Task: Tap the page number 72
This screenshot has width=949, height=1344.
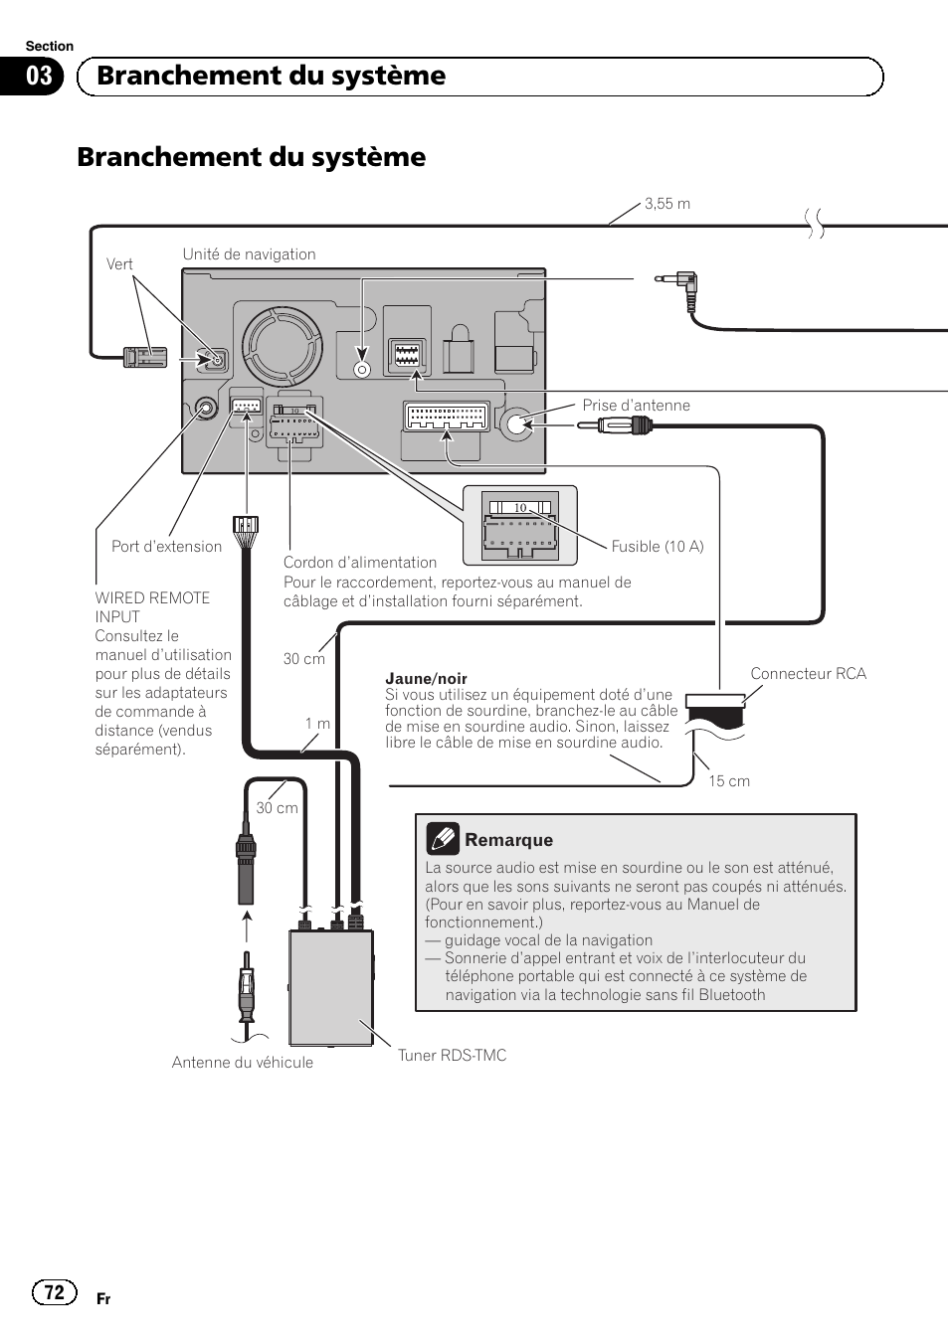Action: pyautogui.click(x=55, y=1291)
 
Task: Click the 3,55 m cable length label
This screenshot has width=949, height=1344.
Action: pyautogui.click(x=666, y=204)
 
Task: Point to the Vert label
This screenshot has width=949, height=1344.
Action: pyautogui.click(x=119, y=264)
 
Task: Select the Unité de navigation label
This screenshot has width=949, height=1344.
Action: pyautogui.click(x=249, y=254)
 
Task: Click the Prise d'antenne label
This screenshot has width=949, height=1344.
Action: pyautogui.click(x=636, y=406)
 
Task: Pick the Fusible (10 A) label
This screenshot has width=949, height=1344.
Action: pyautogui.click(x=657, y=547)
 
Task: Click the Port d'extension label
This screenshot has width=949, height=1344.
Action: pyautogui.click(x=166, y=547)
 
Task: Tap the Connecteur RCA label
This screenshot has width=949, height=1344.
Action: pyautogui.click(x=808, y=674)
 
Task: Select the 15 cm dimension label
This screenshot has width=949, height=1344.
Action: pyautogui.click(x=729, y=781)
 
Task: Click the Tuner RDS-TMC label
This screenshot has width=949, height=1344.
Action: pyautogui.click(x=452, y=1056)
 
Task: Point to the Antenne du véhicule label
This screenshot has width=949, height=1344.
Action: pyautogui.click(x=242, y=1063)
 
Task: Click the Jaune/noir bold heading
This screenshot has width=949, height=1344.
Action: pyautogui.click(x=426, y=679)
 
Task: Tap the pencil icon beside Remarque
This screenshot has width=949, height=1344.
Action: pyautogui.click(x=443, y=839)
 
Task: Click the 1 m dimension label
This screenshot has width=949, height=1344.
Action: pyautogui.click(x=317, y=724)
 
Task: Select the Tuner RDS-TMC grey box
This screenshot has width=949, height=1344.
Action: pyautogui.click(x=331, y=987)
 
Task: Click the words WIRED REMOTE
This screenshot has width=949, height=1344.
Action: pyautogui.click(x=152, y=598)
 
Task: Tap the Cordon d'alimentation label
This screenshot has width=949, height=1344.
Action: pyautogui.click(x=360, y=563)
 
